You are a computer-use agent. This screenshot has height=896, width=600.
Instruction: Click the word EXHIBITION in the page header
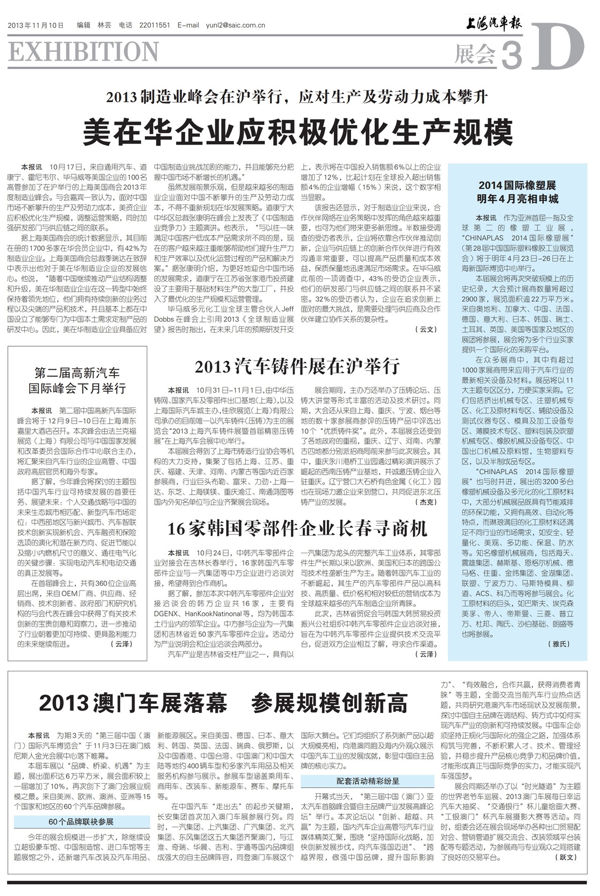point(83,52)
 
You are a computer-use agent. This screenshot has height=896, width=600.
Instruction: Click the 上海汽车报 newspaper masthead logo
point(493,24)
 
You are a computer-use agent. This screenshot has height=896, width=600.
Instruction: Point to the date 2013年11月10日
point(36,25)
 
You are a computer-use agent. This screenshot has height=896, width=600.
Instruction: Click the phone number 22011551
point(155,25)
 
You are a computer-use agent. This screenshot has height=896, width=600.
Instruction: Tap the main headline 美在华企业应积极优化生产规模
point(298,133)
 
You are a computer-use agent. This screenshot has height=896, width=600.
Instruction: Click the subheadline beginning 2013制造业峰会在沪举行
point(297,97)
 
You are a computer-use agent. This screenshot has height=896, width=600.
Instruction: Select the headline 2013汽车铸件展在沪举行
point(297,366)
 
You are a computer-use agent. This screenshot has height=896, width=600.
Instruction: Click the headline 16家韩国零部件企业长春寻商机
point(297,529)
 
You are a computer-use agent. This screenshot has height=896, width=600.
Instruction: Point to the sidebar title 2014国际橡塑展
point(517,185)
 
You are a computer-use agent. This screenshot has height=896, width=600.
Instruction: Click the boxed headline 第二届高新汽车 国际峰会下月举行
point(77,380)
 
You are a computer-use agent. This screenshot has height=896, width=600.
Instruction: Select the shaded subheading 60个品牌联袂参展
point(81,821)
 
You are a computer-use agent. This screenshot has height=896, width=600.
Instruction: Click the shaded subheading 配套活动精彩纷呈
point(367,781)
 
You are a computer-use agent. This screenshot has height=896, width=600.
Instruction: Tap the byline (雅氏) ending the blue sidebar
point(559,644)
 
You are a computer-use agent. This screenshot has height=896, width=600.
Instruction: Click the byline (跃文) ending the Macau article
point(566,857)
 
